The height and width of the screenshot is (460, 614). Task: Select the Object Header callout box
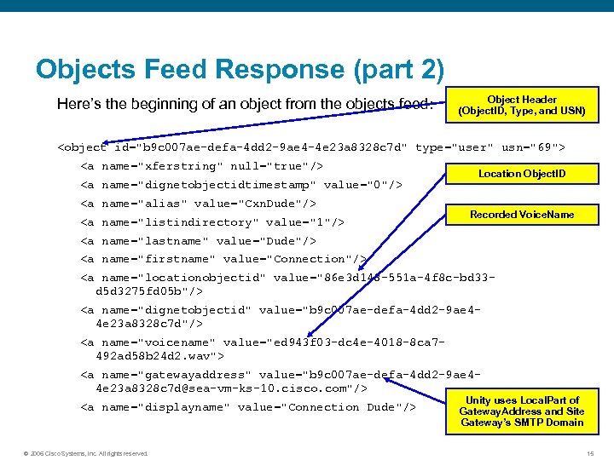521,105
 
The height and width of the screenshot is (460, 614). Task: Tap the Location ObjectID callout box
521,174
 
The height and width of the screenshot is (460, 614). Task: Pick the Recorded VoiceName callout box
521,214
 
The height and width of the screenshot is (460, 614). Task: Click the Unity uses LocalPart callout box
521,411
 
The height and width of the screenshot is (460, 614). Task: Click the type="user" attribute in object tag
454,147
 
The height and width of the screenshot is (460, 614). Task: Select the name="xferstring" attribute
162,166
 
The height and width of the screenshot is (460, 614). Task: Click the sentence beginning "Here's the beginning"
246,105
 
